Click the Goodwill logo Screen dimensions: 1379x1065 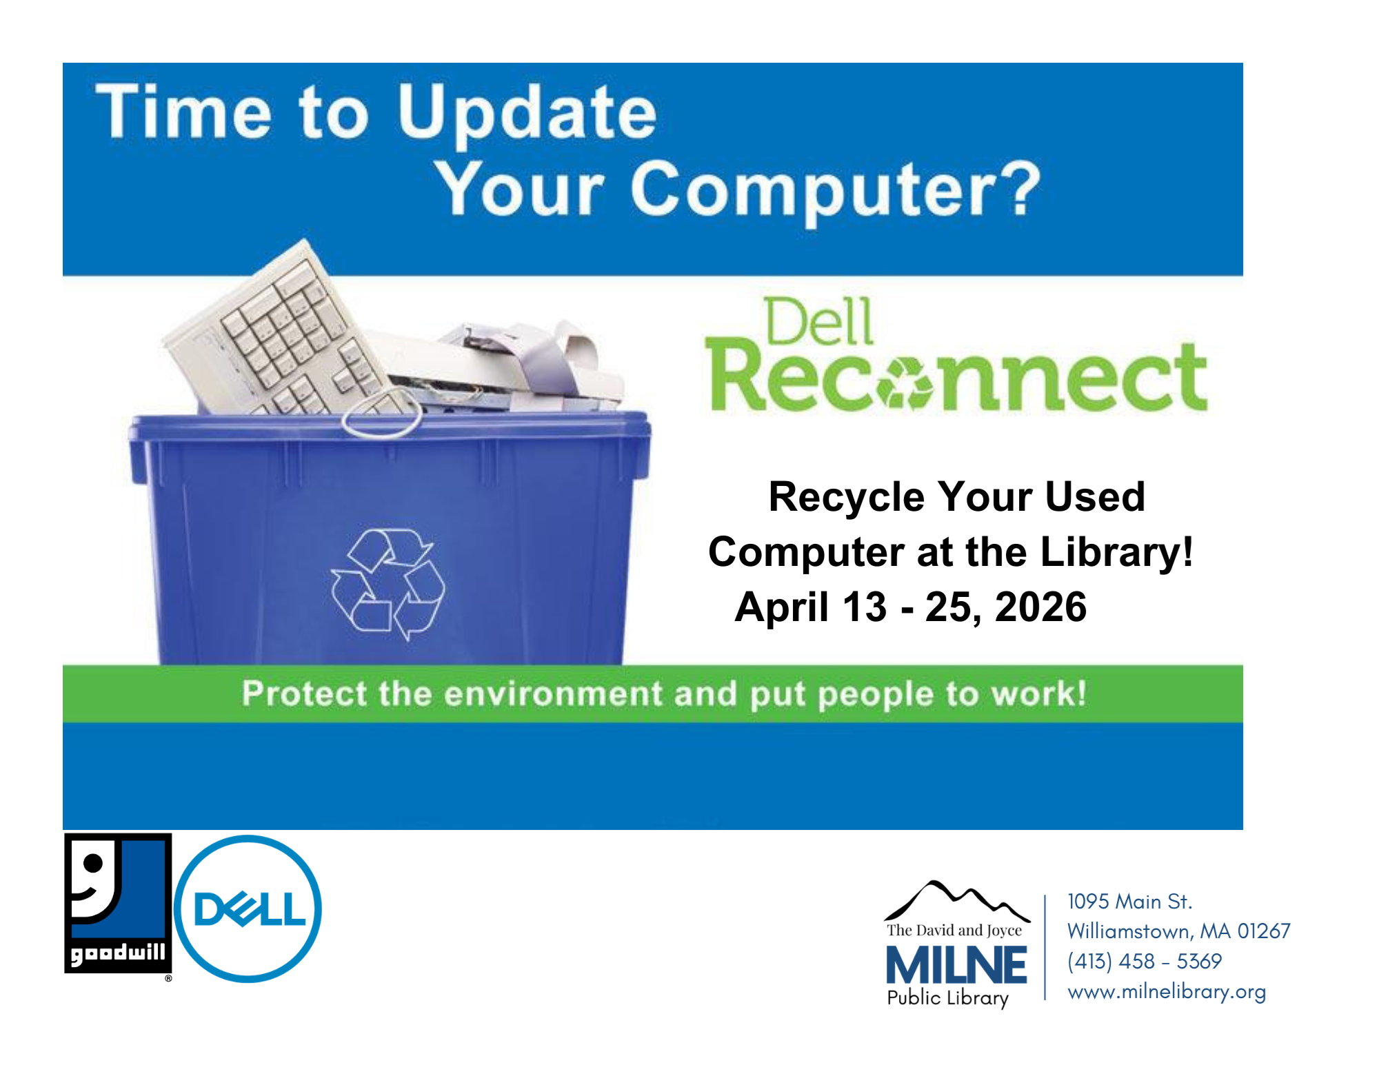pos(118,904)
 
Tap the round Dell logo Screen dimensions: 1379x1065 pos(248,909)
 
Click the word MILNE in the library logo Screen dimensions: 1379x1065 pos(956,965)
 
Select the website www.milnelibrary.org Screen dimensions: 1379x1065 pos(1167,992)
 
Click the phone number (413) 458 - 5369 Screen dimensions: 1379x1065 pos(1145,961)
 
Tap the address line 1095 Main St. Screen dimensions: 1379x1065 pos(1129,901)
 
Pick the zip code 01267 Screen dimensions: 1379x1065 pos(1264,931)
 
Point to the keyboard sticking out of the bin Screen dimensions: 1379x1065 pos(276,331)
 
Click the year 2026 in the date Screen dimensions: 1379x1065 pos(1040,607)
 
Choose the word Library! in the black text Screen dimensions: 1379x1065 pos(1116,552)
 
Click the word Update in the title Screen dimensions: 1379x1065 pos(527,113)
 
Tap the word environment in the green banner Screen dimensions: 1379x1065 pos(553,693)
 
